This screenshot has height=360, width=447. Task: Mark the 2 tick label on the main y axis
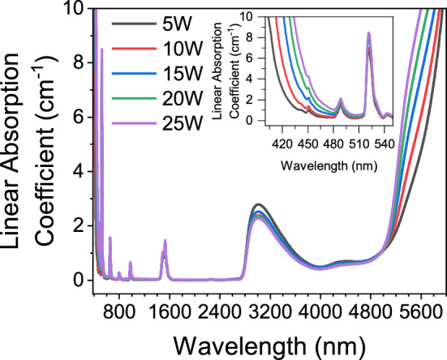coord(78,225)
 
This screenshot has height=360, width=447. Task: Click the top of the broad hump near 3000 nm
coord(258,204)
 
